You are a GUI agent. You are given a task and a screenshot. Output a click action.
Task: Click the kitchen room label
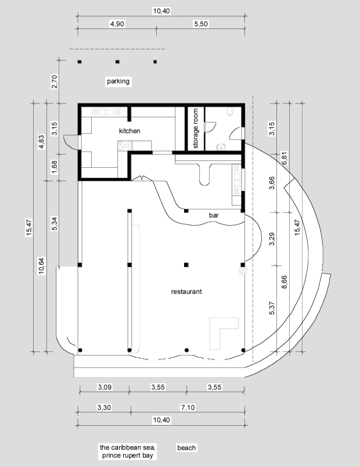pos(129,131)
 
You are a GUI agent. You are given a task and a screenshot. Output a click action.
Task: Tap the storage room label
pos(196,128)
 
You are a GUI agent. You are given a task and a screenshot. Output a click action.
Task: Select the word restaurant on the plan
pos(186,292)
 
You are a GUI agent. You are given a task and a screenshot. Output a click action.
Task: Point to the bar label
pos(214,215)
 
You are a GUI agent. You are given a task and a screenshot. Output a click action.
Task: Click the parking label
pos(118,81)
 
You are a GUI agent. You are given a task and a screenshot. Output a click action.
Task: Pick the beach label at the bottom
pos(186,448)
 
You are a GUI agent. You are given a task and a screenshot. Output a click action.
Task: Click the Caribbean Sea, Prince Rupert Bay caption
pos(127,451)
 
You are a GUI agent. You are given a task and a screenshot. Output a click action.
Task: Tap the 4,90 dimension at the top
pos(117,24)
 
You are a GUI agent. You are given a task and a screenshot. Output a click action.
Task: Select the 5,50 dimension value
pos(201,24)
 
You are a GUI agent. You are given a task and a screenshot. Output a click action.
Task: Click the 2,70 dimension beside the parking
pos(54,81)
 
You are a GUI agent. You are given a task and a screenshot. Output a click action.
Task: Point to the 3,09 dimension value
pos(105,387)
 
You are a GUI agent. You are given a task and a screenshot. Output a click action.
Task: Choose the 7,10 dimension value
pos(188,407)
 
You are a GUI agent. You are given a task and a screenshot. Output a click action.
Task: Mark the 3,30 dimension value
pos(104,407)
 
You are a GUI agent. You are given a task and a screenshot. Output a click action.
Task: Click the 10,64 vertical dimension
pos(41,265)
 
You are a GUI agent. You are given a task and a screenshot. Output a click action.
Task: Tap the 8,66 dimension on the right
pos(285,282)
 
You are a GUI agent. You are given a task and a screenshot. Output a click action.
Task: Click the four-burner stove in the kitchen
pos(125,146)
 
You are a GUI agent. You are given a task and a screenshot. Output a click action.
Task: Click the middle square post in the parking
pos(117,62)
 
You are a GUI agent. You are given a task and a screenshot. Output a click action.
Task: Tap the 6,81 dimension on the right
pos(285,159)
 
